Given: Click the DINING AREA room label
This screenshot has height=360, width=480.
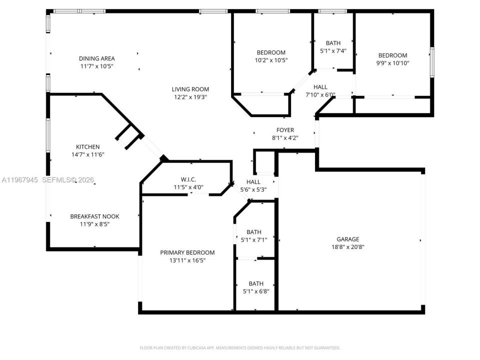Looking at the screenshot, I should point(96,58).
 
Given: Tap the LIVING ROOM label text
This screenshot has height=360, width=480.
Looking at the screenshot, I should point(190,89).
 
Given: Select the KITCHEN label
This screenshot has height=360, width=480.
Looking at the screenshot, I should point(87,147).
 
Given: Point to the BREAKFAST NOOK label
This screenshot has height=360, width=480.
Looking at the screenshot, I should point(94,216).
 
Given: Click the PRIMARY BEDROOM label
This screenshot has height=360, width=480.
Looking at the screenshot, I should point(187,252).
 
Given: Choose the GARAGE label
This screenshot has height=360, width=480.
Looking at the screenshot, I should point(347,239).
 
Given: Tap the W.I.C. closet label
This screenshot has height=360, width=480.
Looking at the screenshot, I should point(188,179).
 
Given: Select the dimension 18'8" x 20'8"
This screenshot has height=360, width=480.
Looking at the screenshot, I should point(347,246).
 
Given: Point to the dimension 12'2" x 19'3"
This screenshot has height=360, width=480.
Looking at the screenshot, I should point(190,97).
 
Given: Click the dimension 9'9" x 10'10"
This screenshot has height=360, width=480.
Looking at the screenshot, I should point(392,63).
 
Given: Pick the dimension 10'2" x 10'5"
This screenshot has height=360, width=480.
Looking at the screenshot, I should point(271,60).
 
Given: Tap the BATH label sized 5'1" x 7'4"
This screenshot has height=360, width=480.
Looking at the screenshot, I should point(333,43).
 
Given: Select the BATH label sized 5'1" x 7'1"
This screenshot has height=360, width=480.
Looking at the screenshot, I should point(254,232).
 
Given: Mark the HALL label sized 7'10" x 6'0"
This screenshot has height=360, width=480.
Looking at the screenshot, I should point(320,87).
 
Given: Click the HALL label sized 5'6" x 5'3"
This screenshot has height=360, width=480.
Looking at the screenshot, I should point(253,182).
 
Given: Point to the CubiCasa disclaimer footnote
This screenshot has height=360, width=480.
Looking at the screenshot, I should point(239,347).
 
